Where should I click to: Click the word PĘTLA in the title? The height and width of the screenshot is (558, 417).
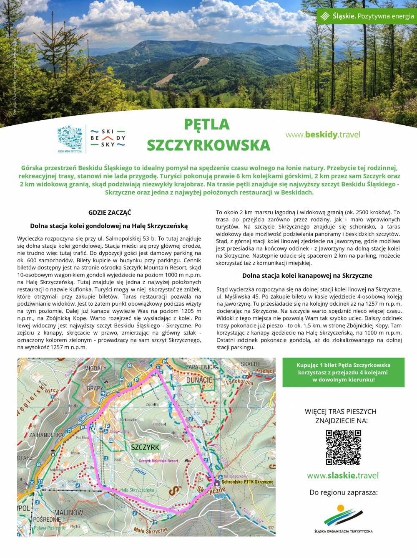pos(207,124)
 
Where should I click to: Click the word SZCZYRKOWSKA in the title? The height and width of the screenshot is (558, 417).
pos(208,145)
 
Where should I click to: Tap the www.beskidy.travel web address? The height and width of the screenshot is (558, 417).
pos(323,135)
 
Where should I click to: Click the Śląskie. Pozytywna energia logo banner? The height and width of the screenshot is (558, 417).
pos(367,16)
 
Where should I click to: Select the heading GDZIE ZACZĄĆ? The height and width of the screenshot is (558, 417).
pos(110,213)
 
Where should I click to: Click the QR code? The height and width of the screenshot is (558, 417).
pos(343,447)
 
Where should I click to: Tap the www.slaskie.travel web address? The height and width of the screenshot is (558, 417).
pos(343,475)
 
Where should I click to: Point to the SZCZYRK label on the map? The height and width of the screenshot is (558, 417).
pos(145,447)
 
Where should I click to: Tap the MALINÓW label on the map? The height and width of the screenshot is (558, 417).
pos(68,512)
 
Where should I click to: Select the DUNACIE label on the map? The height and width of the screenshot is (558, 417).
pos(199,380)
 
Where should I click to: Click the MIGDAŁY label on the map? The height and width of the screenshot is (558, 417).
pos(95,368)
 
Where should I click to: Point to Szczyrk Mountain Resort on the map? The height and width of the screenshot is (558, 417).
pos(158,461)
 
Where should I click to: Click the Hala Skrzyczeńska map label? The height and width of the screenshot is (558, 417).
pos(137,490)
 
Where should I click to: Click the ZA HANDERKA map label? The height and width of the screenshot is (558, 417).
pos(46,435)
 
